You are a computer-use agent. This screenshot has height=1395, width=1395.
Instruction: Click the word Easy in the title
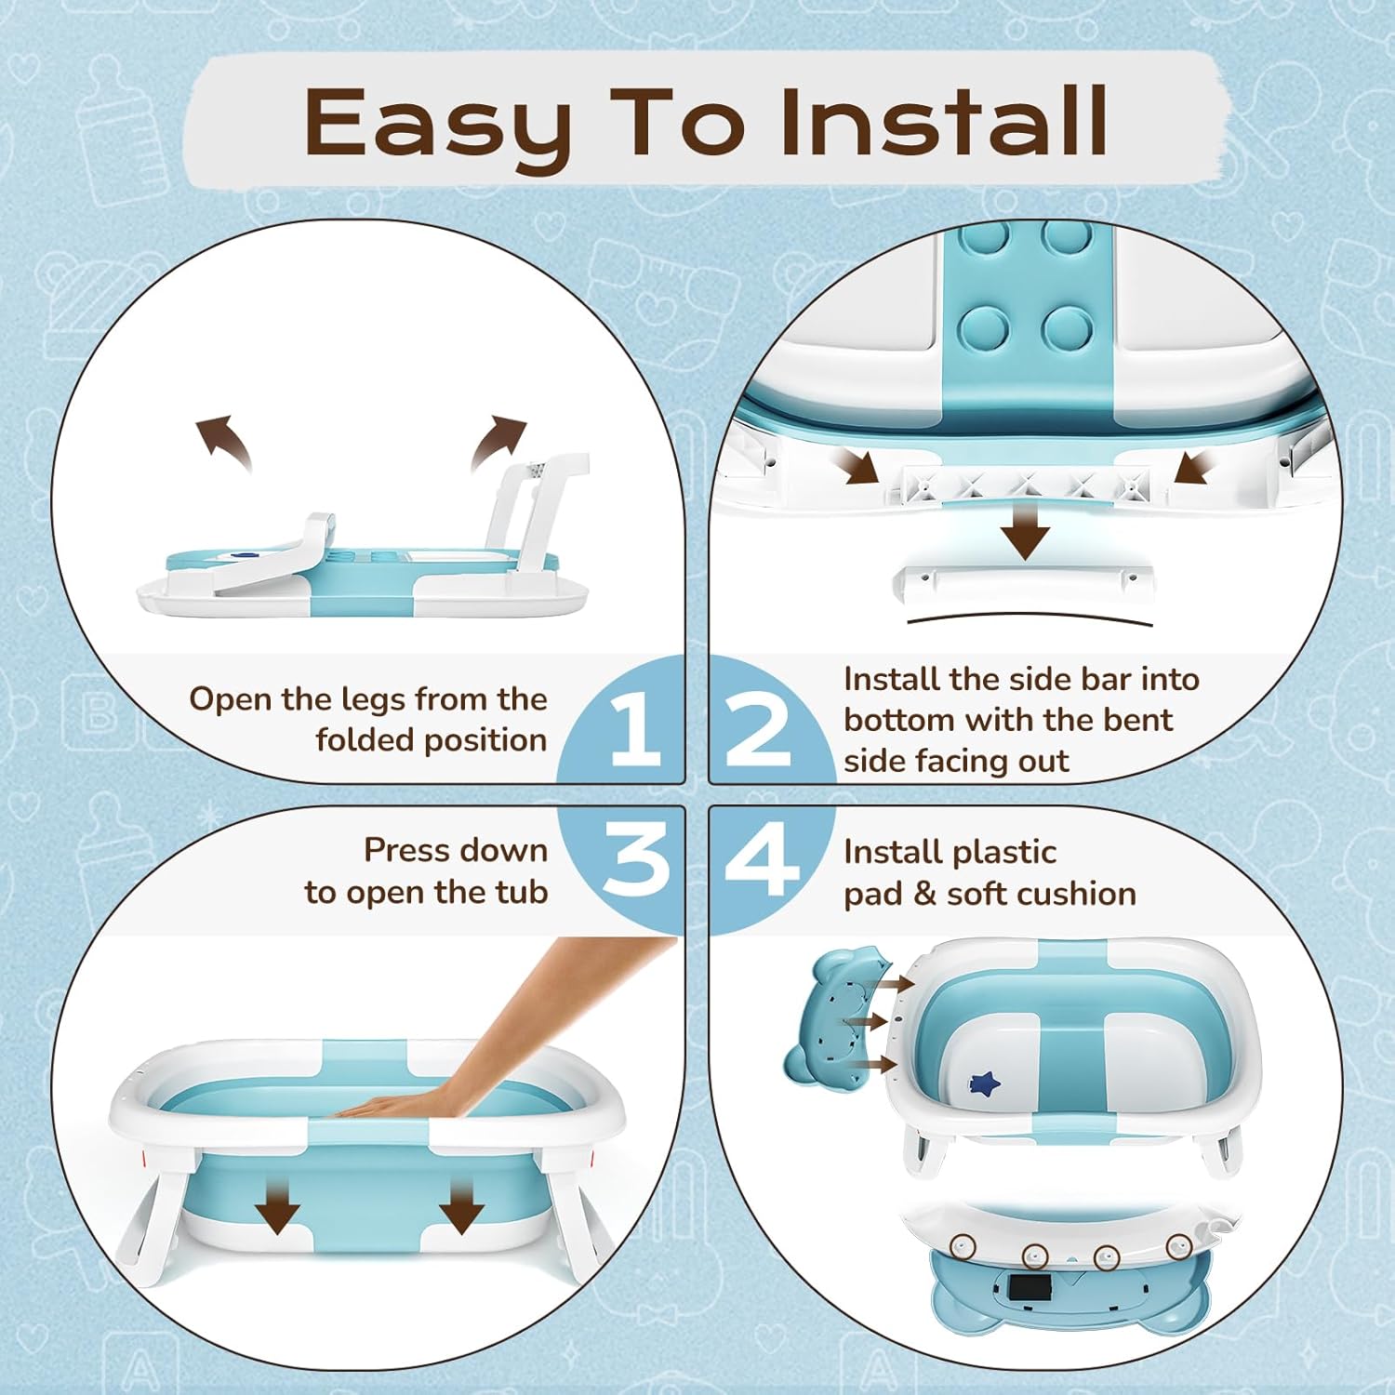[437, 126]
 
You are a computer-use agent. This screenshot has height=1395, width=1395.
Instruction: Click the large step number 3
[636, 860]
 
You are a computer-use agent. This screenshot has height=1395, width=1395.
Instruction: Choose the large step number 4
[761, 860]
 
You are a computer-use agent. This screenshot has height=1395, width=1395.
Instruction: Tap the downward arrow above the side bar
[1025, 531]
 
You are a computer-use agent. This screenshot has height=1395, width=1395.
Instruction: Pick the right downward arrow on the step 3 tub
[461, 1204]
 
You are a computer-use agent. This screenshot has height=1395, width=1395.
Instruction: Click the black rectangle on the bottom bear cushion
[1028, 1288]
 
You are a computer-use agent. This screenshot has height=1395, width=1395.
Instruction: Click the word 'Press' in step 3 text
[405, 850]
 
